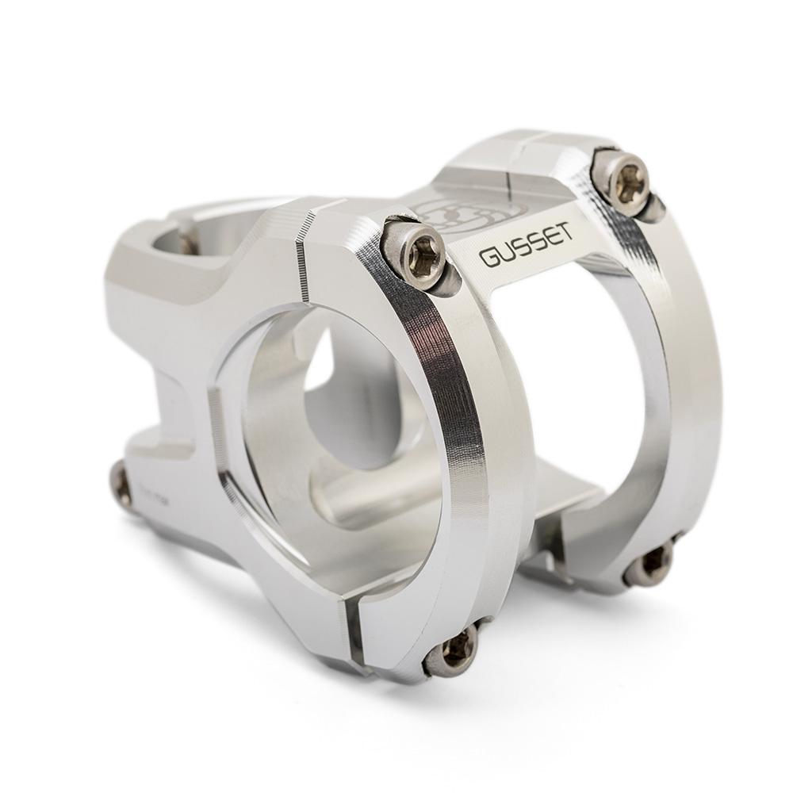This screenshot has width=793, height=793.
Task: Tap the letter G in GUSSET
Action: [488, 259]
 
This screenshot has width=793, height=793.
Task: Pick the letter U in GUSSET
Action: [507, 254]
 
